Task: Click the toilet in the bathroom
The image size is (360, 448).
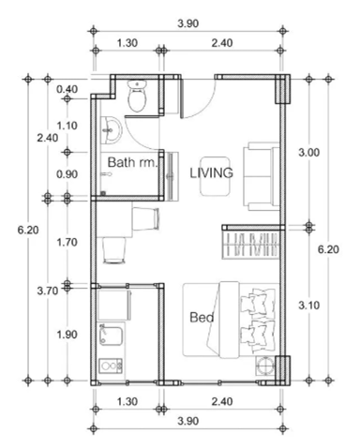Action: click(x=137, y=97)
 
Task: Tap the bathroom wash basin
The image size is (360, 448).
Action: click(x=111, y=130)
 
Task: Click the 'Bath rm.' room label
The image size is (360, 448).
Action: click(x=132, y=162)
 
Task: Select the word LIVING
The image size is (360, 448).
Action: click(x=212, y=172)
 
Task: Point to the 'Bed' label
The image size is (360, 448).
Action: click(x=202, y=318)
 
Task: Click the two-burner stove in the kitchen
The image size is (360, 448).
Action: click(x=111, y=366)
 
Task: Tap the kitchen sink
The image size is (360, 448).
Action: click(x=111, y=336)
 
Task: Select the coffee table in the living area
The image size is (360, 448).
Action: click(x=216, y=176)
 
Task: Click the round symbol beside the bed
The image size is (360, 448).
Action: click(x=265, y=366)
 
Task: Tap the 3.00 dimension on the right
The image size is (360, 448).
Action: click(x=308, y=153)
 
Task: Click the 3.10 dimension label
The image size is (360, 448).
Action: click(x=308, y=306)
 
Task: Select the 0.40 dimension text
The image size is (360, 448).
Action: click(x=67, y=89)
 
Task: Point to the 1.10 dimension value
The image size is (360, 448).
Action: click(x=67, y=126)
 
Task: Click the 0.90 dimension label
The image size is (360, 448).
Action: click(x=67, y=174)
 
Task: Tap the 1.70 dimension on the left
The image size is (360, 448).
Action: click(x=67, y=242)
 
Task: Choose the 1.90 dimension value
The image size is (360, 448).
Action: click(x=67, y=335)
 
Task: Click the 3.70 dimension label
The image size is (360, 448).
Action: click(x=48, y=291)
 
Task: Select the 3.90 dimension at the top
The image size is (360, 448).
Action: click(x=188, y=23)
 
